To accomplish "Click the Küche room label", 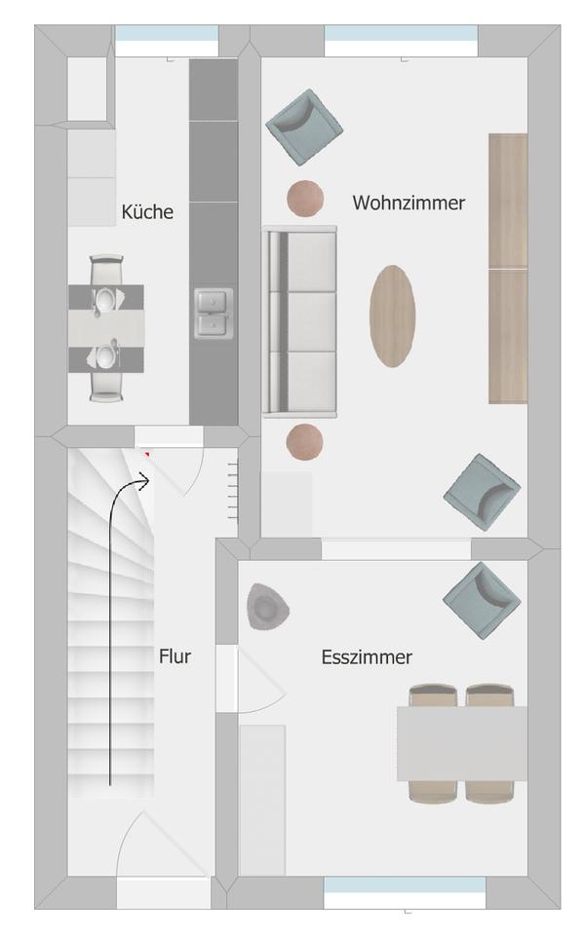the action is (147, 211).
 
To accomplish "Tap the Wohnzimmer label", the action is (409, 203).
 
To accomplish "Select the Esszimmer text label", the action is (367, 657).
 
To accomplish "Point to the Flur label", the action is (175, 656).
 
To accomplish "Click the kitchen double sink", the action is (214, 313).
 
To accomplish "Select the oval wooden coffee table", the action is (392, 316).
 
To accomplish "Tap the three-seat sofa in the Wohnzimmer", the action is (299, 321).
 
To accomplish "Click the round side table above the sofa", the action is (305, 199).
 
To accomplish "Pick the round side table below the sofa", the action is (304, 442).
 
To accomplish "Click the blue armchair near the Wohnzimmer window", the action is (303, 127).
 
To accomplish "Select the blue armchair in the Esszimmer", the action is (482, 601).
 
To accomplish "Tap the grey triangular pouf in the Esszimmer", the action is (267, 607).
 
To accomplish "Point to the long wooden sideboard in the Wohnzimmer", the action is (508, 269).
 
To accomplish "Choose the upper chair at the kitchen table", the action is (107, 271).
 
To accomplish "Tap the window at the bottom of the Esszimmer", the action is (405, 885).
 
